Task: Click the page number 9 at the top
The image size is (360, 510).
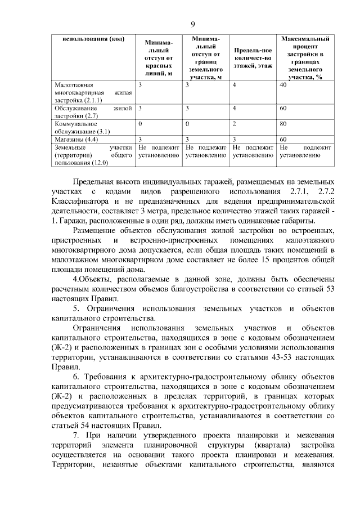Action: click(193, 24)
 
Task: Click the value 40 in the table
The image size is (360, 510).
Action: click(283, 84)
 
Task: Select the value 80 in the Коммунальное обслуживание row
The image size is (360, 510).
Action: click(283, 123)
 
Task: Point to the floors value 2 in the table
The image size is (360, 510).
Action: click(235, 123)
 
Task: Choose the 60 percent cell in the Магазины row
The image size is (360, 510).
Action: click(283, 138)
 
